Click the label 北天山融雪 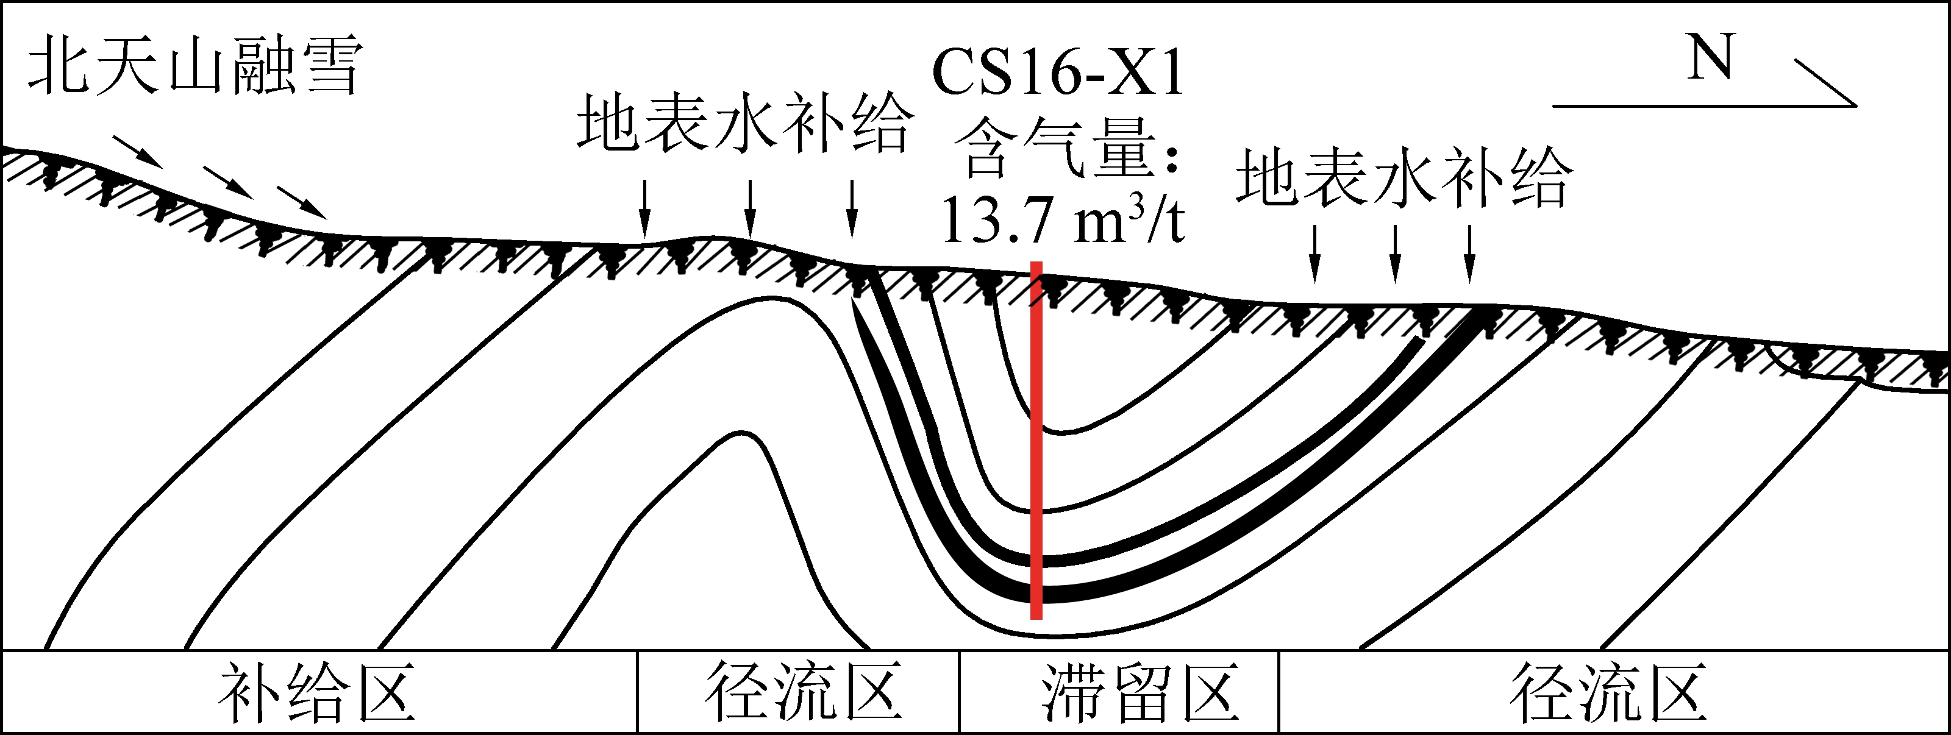pos(194,68)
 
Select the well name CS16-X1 pos(1057,73)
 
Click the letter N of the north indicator pos(1710,59)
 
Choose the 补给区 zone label pos(316,692)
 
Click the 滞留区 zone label pos(1140,692)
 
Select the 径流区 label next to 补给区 pos(803,692)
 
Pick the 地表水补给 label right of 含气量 pos(1405,179)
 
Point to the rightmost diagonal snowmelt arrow pos(301,202)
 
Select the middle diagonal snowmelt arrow pos(227,182)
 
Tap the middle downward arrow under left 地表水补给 pos(750,209)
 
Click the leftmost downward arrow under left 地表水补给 pos(644,209)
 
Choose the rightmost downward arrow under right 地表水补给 pos(1470,254)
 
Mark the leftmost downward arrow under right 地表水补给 pos(1315,254)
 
